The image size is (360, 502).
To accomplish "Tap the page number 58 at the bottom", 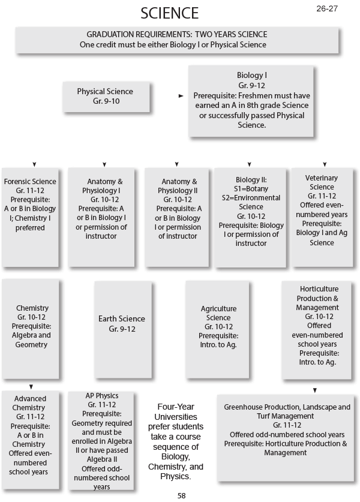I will point(182,495).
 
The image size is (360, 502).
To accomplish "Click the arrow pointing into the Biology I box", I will point(181,95).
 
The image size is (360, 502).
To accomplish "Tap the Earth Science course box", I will point(122,324).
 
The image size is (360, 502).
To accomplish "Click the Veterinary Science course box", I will point(322,209).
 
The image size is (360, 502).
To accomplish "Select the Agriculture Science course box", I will point(219,323).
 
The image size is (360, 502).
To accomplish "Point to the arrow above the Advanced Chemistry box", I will point(31,387).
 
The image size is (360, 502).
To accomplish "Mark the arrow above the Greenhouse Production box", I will point(314,390).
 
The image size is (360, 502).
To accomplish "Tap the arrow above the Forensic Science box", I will point(35,164).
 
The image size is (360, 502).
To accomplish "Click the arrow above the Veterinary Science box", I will point(325,164).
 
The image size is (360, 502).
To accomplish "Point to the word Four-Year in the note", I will point(175,406).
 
